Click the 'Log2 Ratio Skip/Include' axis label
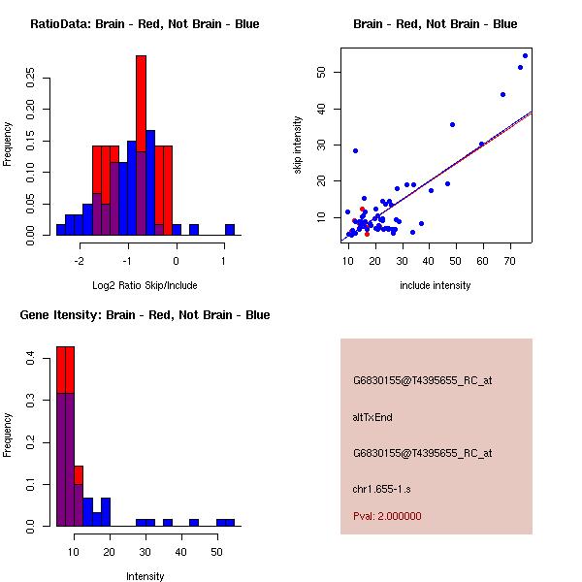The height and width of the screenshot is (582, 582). tap(145, 285)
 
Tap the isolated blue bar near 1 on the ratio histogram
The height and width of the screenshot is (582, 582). tap(230, 230)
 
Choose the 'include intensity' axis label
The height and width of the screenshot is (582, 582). tap(436, 285)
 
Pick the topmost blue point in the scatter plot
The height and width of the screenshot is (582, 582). tap(525, 55)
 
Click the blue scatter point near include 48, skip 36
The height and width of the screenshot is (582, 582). tap(452, 124)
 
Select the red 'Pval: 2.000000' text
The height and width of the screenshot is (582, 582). tap(387, 516)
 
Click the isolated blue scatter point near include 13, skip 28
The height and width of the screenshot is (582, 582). tap(356, 150)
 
